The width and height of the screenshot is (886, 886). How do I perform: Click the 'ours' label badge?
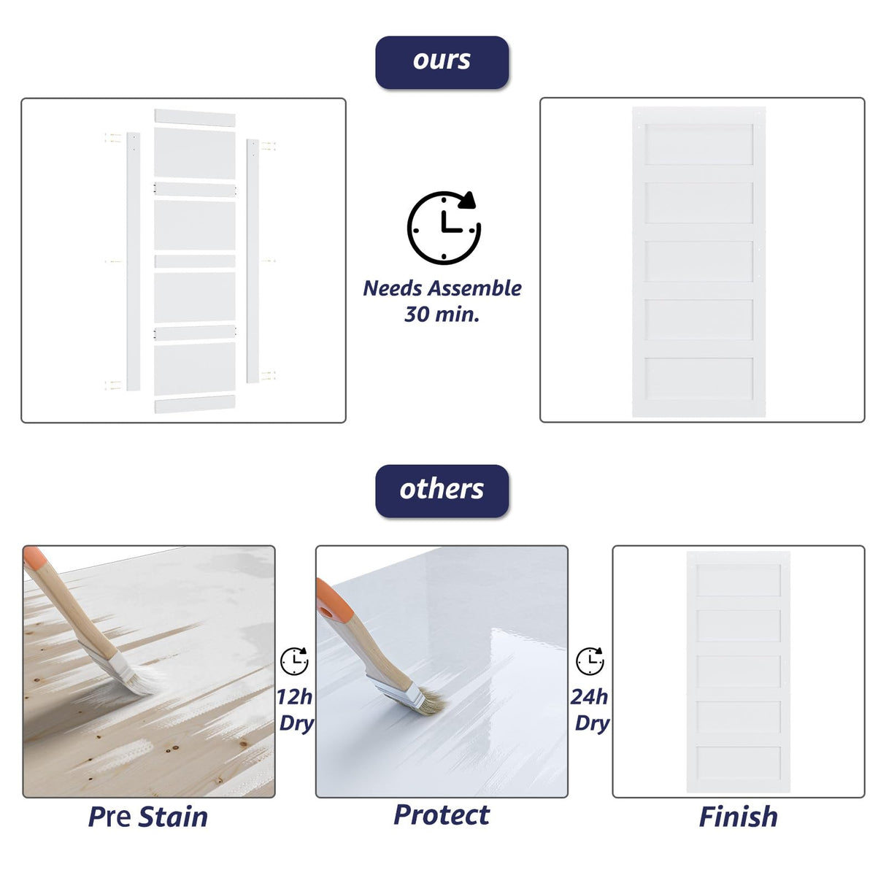tap(442, 62)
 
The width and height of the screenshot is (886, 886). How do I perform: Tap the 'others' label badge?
tap(442, 490)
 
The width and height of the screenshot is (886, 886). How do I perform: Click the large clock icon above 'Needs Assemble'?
tap(443, 227)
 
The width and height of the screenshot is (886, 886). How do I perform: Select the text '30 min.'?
tap(442, 315)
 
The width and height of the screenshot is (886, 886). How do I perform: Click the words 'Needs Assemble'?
tap(442, 288)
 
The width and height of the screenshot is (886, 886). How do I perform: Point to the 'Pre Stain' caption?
tap(148, 817)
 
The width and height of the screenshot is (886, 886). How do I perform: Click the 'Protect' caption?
tap(442, 814)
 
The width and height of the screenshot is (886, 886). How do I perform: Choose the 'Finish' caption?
tap(738, 817)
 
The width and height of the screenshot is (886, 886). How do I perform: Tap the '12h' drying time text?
tap(294, 697)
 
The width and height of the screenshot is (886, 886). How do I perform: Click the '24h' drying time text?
tap(589, 697)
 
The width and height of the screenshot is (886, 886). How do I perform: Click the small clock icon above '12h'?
tap(294, 661)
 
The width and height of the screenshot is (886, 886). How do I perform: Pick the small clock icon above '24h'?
tap(590, 661)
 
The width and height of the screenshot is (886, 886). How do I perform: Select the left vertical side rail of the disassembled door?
tap(133, 261)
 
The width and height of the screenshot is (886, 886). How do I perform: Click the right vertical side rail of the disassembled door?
tap(253, 261)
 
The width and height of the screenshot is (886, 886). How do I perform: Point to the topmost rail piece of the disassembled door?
tap(195, 118)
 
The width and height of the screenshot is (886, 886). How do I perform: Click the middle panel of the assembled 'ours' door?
tap(698, 261)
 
